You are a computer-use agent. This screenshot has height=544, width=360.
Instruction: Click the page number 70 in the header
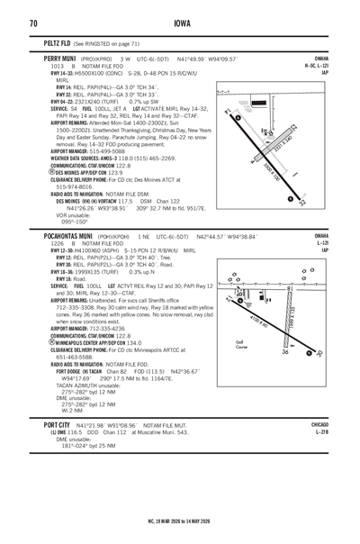point(32,23)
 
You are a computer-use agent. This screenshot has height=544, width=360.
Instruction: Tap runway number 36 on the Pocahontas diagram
point(309,352)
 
